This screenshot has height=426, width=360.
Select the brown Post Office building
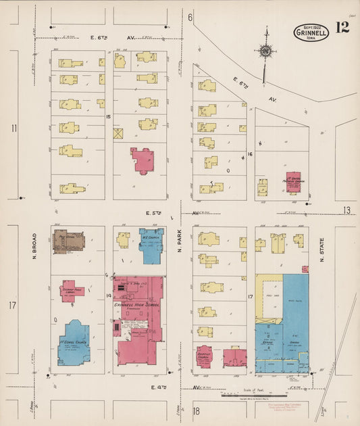pyautogui.click(x=69, y=241)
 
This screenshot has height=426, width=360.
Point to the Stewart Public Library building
pyautogui.click(x=72, y=291)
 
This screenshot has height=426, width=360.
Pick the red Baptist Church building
pyautogui.click(x=205, y=356)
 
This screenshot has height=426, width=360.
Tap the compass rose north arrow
pyautogui.click(x=266, y=51)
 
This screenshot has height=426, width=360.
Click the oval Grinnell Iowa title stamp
pyautogui.click(x=311, y=32)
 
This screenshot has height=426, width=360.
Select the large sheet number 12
pyautogui.click(x=341, y=28)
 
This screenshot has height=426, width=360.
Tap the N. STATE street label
pyautogui.click(x=322, y=249)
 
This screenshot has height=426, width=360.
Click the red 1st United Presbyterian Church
pyautogui.click(x=293, y=182)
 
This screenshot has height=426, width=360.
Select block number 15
pyautogui.click(x=108, y=117)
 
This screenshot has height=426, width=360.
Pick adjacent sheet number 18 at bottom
pyautogui.click(x=196, y=411)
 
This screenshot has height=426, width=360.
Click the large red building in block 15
pyautogui.click(x=143, y=161)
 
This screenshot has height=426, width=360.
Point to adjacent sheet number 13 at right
pyautogui.click(x=346, y=210)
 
